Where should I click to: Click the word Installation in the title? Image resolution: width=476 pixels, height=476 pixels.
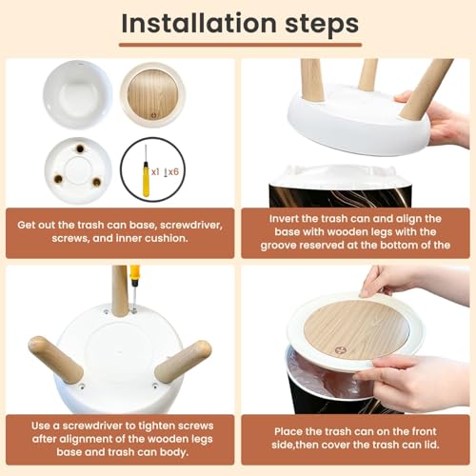[199, 24]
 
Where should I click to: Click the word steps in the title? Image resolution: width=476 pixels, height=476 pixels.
[322, 25]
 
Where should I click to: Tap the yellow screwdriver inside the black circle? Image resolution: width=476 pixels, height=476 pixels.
[146, 171]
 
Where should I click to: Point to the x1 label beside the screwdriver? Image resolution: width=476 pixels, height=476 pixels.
[155, 172]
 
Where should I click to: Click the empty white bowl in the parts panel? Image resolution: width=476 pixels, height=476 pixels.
[78, 94]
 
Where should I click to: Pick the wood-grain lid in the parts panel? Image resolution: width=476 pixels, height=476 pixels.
[153, 94]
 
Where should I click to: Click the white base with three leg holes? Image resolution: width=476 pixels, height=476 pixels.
[78, 170]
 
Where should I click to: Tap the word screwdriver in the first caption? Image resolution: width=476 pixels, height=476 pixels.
[191, 225]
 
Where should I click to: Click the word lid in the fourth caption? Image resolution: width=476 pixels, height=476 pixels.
[432, 445]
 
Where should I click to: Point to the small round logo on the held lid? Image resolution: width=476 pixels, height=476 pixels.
[340, 350]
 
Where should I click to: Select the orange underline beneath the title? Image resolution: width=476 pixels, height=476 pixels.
[240, 45]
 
